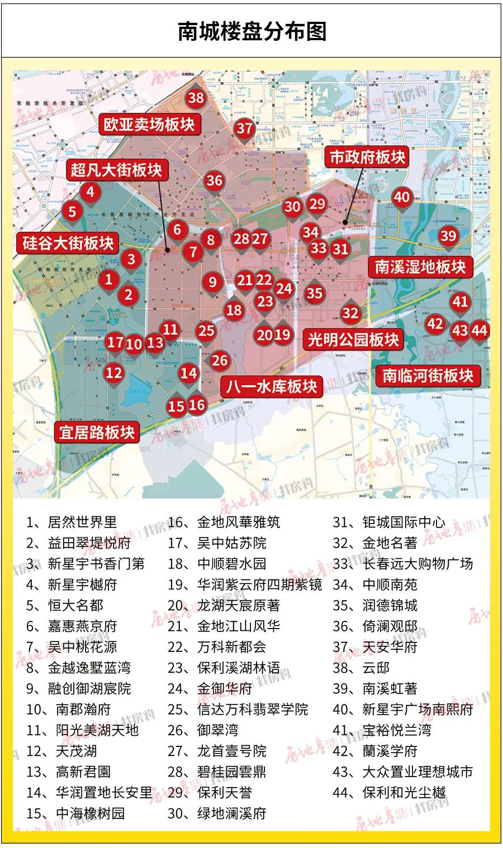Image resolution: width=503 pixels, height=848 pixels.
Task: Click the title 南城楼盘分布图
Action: [x=251, y=31]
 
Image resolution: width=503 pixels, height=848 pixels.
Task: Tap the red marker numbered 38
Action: [x=196, y=98]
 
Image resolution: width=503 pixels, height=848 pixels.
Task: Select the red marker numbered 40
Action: [x=402, y=197]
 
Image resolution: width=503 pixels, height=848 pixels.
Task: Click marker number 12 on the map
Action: [x=114, y=372]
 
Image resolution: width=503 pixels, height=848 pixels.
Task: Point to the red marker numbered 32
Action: [x=350, y=313]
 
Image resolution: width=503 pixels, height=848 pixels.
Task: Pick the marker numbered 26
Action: [x=220, y=361]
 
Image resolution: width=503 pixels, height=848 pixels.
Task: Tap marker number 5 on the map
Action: [x=72, y=212]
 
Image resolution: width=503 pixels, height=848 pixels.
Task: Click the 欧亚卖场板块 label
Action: [x=149, y=124]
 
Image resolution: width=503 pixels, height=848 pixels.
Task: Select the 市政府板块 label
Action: [x=367, y=157]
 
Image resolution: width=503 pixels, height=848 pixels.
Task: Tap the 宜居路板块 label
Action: [x=97, y=432]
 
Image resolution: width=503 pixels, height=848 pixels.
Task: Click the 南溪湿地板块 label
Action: [x=420, y=267]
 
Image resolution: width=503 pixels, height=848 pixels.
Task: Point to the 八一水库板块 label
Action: [x=272, y=386]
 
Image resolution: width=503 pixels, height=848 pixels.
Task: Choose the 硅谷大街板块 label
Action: [x=68, y=243]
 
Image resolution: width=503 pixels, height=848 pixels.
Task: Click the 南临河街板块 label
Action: [x=428, y=375]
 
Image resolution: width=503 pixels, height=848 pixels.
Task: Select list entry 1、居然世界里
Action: [x=72, y=523]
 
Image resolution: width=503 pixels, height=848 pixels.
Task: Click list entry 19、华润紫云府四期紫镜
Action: [x=245, y=585]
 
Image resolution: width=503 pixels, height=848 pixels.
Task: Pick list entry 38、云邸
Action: [x=361, y=668]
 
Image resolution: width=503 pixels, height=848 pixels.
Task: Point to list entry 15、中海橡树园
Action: [x=75, y=813]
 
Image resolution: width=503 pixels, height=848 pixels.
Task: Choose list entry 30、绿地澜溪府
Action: [x=217, y=813]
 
